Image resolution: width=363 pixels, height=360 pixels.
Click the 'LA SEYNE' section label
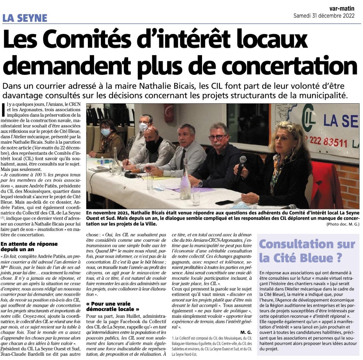pos(25,18)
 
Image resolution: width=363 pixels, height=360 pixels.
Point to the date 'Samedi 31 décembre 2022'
pos(324,16)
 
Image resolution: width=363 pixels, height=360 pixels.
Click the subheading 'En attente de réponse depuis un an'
pos(29,247)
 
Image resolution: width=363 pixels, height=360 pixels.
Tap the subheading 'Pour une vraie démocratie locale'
pos(113,306)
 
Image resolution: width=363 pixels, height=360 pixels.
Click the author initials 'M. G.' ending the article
pos(246,332)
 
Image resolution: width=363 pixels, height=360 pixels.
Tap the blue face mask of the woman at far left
pos(105,132)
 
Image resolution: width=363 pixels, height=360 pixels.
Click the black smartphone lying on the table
pos(224,202)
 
